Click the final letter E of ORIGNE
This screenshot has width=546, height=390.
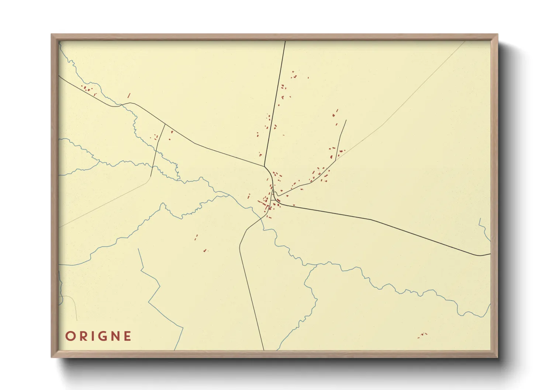tap(127, 336)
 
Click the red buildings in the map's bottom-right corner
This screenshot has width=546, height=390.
tap(422, 335)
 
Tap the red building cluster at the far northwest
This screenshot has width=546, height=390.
tap(88, 89)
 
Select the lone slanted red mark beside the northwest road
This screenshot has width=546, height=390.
tap(129, 95)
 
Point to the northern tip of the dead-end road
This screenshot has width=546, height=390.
tap(346, 120)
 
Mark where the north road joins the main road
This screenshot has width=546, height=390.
tap(265, 166)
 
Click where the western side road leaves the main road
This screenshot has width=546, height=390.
tap(165, 125)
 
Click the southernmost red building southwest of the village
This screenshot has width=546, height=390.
tap(205, 251)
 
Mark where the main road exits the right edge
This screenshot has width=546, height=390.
tap(490, 254)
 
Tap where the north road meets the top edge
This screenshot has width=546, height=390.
tap(285, 42)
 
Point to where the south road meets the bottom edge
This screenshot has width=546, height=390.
tap(264, 349)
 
